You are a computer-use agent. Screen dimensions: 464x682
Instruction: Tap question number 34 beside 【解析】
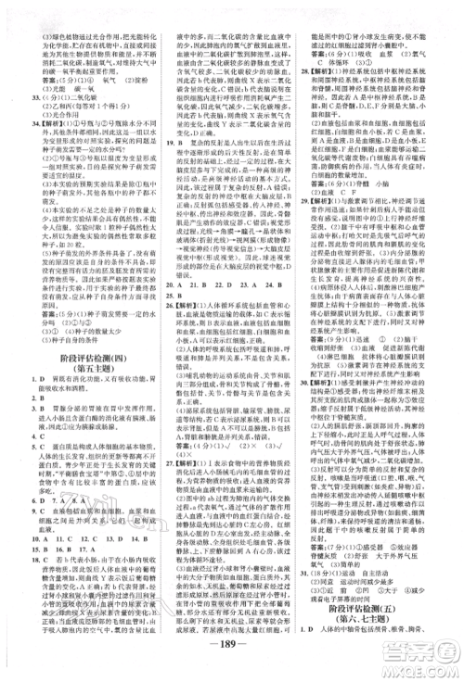click(13, 120)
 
